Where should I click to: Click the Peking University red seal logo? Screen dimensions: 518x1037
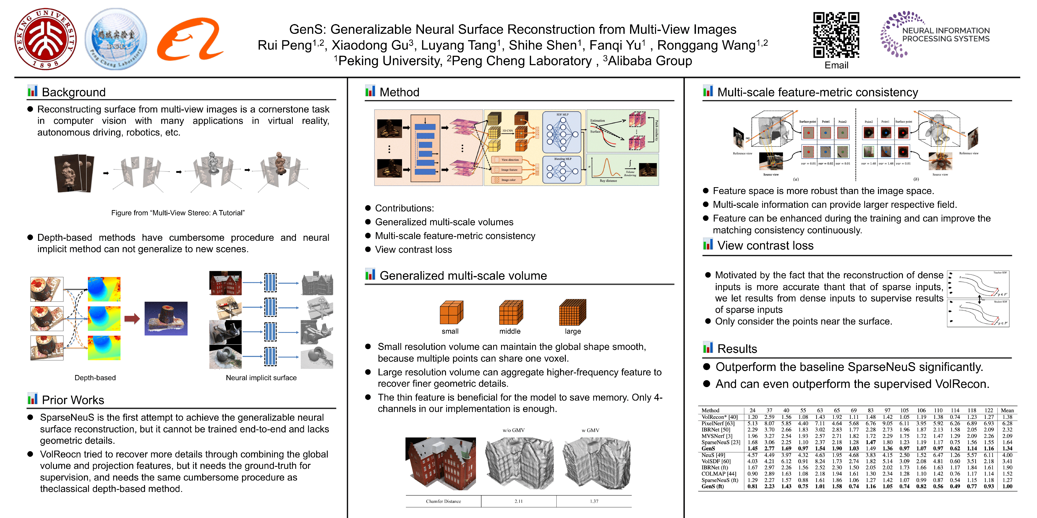click(46, 39)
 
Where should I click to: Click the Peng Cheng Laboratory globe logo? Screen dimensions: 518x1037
click(116, 39)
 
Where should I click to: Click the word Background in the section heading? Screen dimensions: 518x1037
click(74, 92)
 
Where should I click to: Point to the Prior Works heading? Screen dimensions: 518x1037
click(73, 400)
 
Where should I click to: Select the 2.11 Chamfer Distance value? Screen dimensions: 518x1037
click(518, 501)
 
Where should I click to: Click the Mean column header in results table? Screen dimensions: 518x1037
click(1007, 410)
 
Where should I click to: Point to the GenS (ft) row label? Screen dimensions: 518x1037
click(713, 486)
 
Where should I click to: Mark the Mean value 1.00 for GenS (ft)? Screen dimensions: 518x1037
click(1007, 486)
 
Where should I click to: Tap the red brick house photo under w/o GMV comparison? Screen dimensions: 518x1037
click(440, 463)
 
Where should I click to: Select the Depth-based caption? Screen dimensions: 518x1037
click(95, 378)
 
